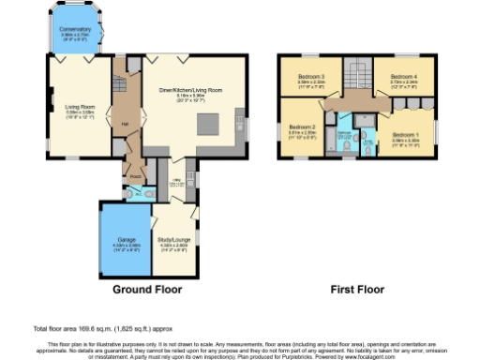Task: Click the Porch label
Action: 135,174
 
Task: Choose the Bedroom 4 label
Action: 403,77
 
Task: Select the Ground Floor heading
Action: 148,291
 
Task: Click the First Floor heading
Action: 358,291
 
